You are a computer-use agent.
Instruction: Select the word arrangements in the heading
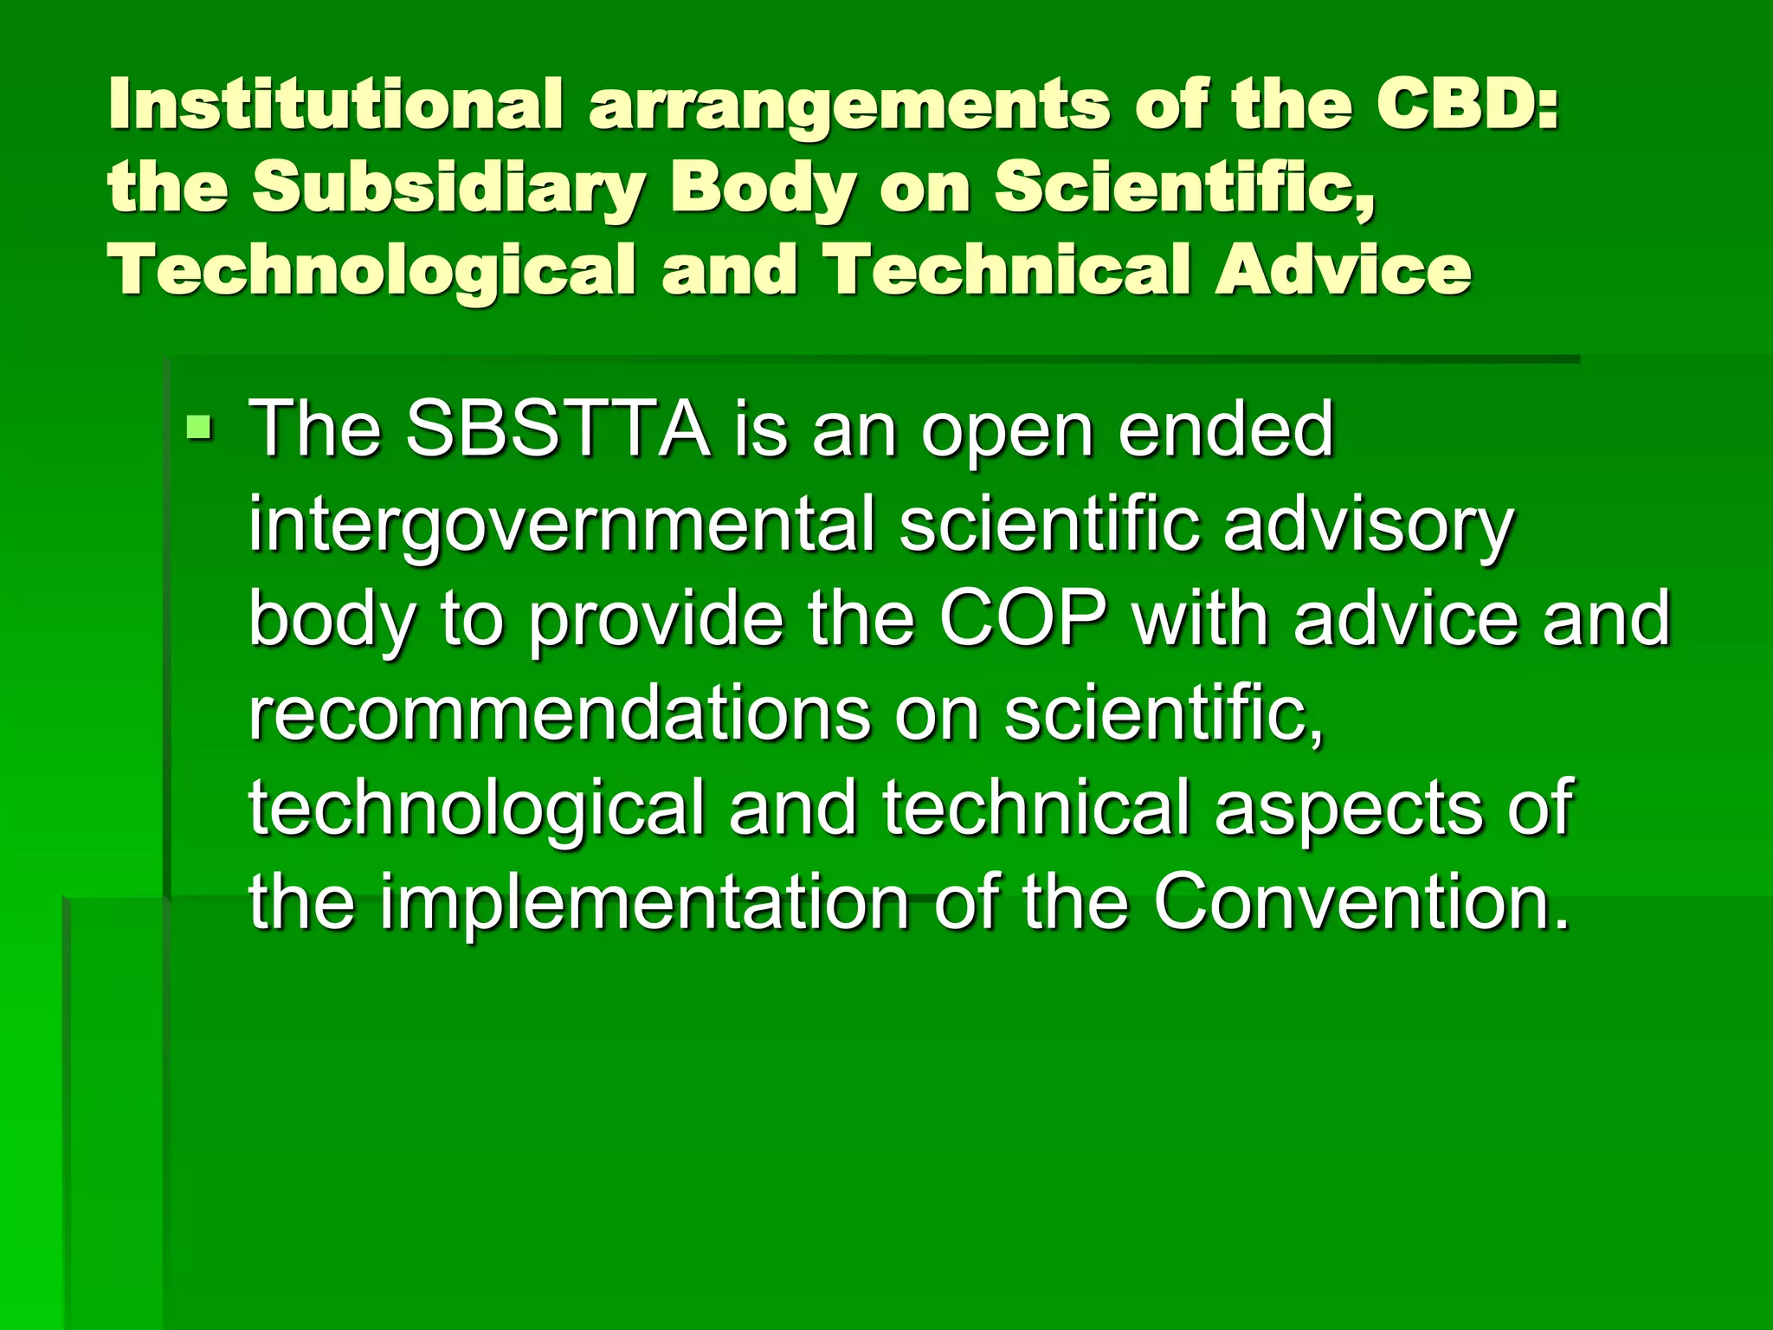(x=849, y=106)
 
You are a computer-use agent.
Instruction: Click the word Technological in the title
(x=372, y=269)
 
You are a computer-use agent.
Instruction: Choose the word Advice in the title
(x=1343, y=269)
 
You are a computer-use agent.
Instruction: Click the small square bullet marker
(x=199, y=426)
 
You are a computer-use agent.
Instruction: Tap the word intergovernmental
(x=562, y=526)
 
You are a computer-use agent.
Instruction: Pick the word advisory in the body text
(x=1369, y=526)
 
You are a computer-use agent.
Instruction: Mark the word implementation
(x=644, y=902)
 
